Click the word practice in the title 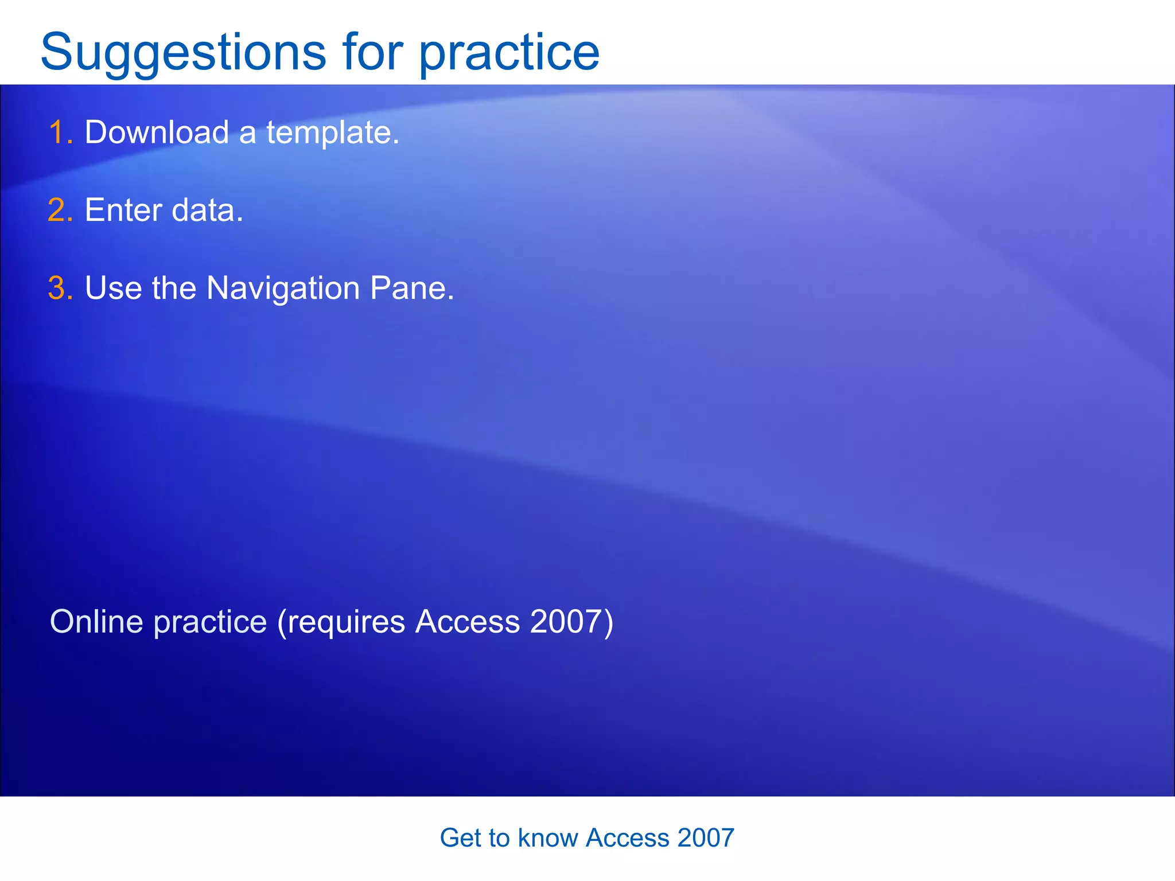509,53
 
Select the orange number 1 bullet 60,132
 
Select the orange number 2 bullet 60,210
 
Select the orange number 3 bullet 60,288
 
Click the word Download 157,132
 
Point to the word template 332,132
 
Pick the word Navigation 283,288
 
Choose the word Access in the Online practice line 468,622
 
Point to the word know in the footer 547,838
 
